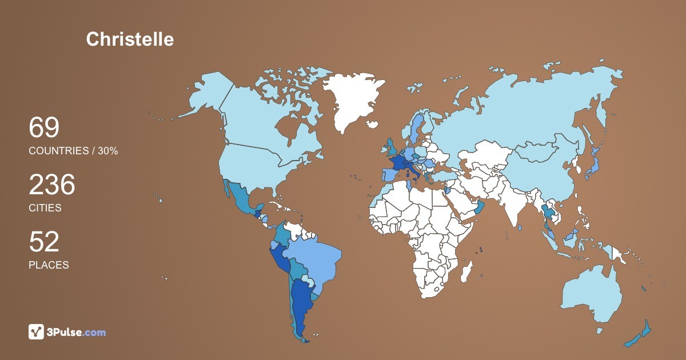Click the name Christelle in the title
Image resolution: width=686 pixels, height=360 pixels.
click(130, 39)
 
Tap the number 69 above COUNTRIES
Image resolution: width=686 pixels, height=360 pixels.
click(44, 127)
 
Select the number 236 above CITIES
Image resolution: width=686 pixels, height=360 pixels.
click(52, 185)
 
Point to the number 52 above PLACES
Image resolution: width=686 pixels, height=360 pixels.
click(44, 242)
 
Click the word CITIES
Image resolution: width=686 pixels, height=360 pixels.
click(45, 208)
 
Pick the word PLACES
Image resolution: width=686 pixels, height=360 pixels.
click(49, 265)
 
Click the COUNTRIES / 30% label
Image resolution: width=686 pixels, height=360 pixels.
click(73, 151)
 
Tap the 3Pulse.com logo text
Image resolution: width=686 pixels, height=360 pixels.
click(77, 332)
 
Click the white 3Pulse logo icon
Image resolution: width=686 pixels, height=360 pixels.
click(36, 331)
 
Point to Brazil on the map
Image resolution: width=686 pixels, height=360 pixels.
click(312, 263)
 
